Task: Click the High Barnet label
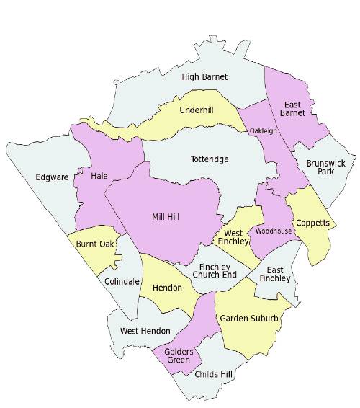(204, 76)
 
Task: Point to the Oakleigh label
(263, 131)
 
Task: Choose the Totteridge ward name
(210, 159)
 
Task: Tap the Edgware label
(50, 177)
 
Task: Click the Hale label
(99, 175)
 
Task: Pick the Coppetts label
(312, 223)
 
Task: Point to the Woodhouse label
(273, 231)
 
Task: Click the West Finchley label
(233, 239)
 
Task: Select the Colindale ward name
(122, 281)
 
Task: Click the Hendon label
(166, 286)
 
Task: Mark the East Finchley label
(273, 275)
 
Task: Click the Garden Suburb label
(248, 318)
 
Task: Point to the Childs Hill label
(213, 375)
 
